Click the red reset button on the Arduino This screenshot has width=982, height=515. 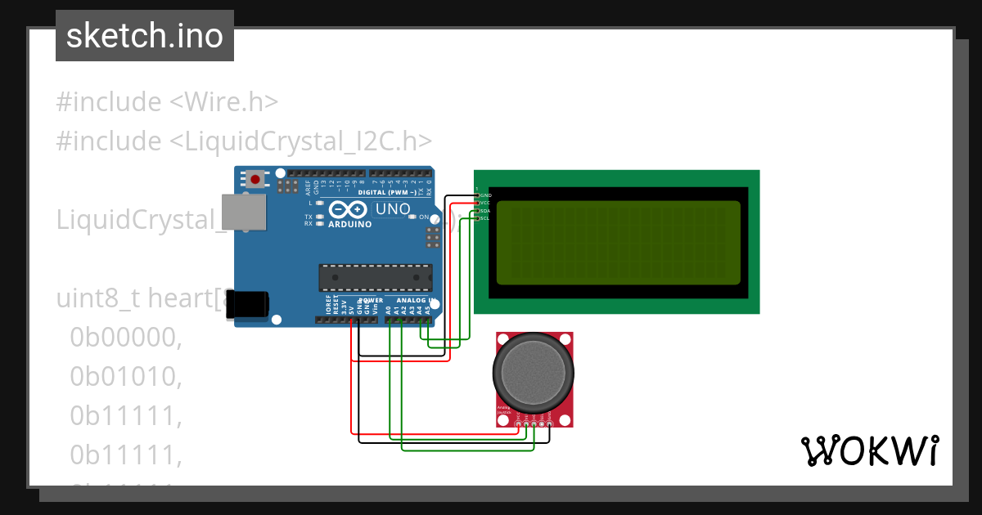[256, 178]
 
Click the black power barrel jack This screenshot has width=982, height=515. [247, 303]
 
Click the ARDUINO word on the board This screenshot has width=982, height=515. [350, 223]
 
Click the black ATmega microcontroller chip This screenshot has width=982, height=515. [375, 278]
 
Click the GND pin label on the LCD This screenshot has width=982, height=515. [484, 195]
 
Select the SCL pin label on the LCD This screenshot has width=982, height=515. [484, 217]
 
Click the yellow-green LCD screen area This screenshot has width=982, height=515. [618, 243]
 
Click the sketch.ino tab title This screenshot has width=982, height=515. [145, 36]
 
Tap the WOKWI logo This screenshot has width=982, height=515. [869, 450]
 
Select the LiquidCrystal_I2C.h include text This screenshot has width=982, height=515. [300, 141]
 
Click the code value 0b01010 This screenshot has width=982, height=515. [124, 376]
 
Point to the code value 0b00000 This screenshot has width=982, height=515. [124, 337]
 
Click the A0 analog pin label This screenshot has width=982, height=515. [389, 311]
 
